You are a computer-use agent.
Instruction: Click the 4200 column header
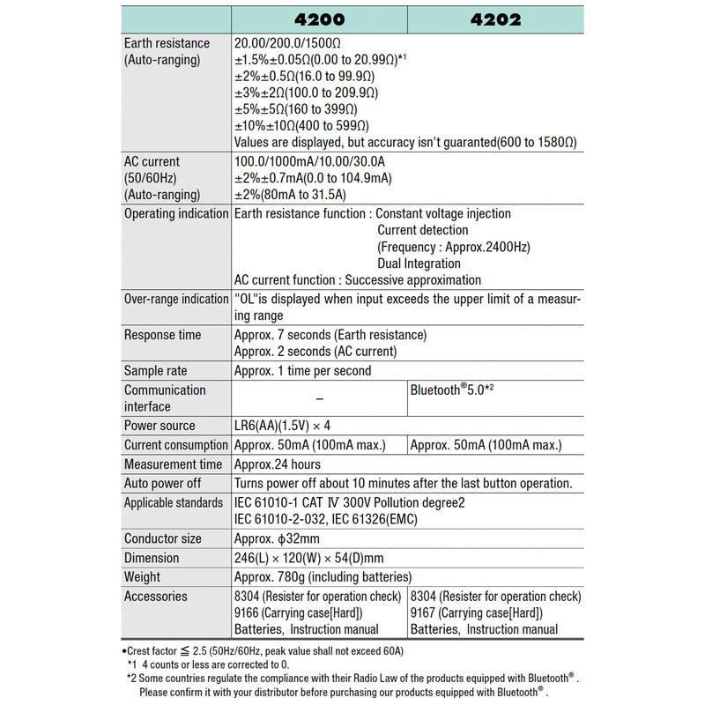pos(319,19)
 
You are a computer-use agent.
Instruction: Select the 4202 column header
pos(495,19)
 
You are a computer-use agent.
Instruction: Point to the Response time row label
pos(162,335)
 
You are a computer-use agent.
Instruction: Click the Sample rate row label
pos(155,371)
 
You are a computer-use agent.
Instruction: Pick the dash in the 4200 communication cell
pos(319,398)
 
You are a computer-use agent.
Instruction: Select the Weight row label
pos(143,577)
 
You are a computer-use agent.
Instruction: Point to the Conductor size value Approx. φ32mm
pos(277,538)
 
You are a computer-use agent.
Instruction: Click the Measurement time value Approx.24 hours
pos(278,464)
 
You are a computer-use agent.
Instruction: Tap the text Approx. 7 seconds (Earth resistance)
pos(330,335)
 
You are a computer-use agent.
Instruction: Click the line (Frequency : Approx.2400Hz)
pos(454,247)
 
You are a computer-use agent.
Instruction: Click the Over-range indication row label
pos(175,299)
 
